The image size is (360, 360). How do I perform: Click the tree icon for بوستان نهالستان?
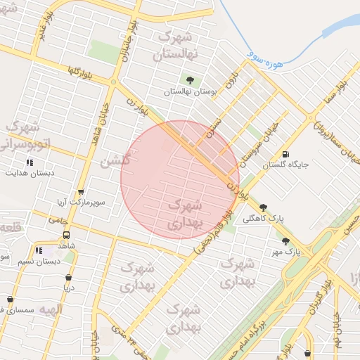tap(190, 80)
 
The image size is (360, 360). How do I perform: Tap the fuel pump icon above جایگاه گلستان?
tap(285, 155)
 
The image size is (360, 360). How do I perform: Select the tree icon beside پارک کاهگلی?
tap(263, 207)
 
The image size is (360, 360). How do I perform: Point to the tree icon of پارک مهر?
tap(285, 240)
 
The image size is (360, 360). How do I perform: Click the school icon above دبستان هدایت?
tap(30, 162)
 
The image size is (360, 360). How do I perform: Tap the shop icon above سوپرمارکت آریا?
tap(81, 192)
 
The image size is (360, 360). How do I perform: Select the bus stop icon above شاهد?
tap(66, 236)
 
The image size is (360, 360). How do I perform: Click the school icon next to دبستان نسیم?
tap(39, 250)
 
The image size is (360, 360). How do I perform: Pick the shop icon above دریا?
tap(68, 277)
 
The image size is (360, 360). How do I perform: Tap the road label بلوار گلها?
tap(62, 71)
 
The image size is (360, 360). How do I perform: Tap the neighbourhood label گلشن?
tap(115, 161)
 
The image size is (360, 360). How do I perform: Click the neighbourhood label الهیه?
tap(51, 309)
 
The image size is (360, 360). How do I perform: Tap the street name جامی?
tap(56, 220)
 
